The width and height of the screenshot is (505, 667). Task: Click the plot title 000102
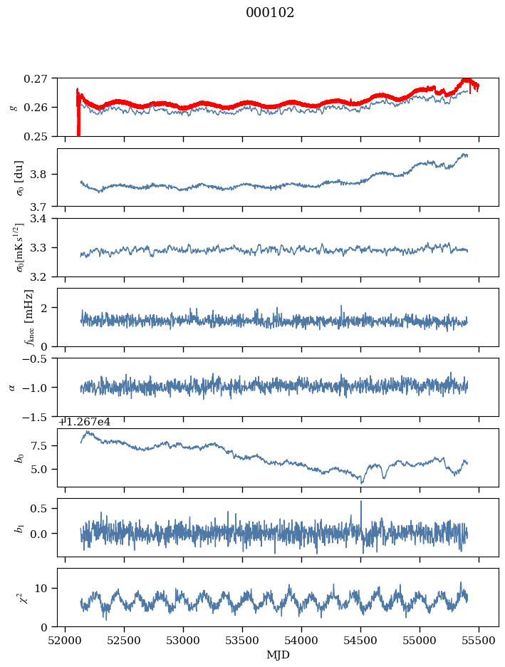(x=270, y=13)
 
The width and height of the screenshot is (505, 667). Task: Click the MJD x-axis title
(x=278, y=655)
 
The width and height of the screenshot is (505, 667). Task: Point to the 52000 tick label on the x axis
(x=65, y=641)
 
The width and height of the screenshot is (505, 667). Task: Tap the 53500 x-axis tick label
(x=243, y=641)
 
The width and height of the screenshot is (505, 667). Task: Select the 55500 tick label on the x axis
(x=479, y=641)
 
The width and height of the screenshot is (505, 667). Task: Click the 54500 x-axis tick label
(x=361, y=641)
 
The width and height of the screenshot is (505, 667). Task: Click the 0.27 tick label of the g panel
(x=35, y=78)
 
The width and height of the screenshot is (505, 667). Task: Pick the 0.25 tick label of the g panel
(x=35, y=137)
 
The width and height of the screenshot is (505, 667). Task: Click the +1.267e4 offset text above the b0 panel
(x=85, y=422)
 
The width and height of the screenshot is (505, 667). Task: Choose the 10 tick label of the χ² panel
(x=41, y=589)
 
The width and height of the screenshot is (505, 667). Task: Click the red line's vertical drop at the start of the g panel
(x=78, y=115)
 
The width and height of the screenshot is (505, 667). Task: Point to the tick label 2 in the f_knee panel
(x=43, y=308)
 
